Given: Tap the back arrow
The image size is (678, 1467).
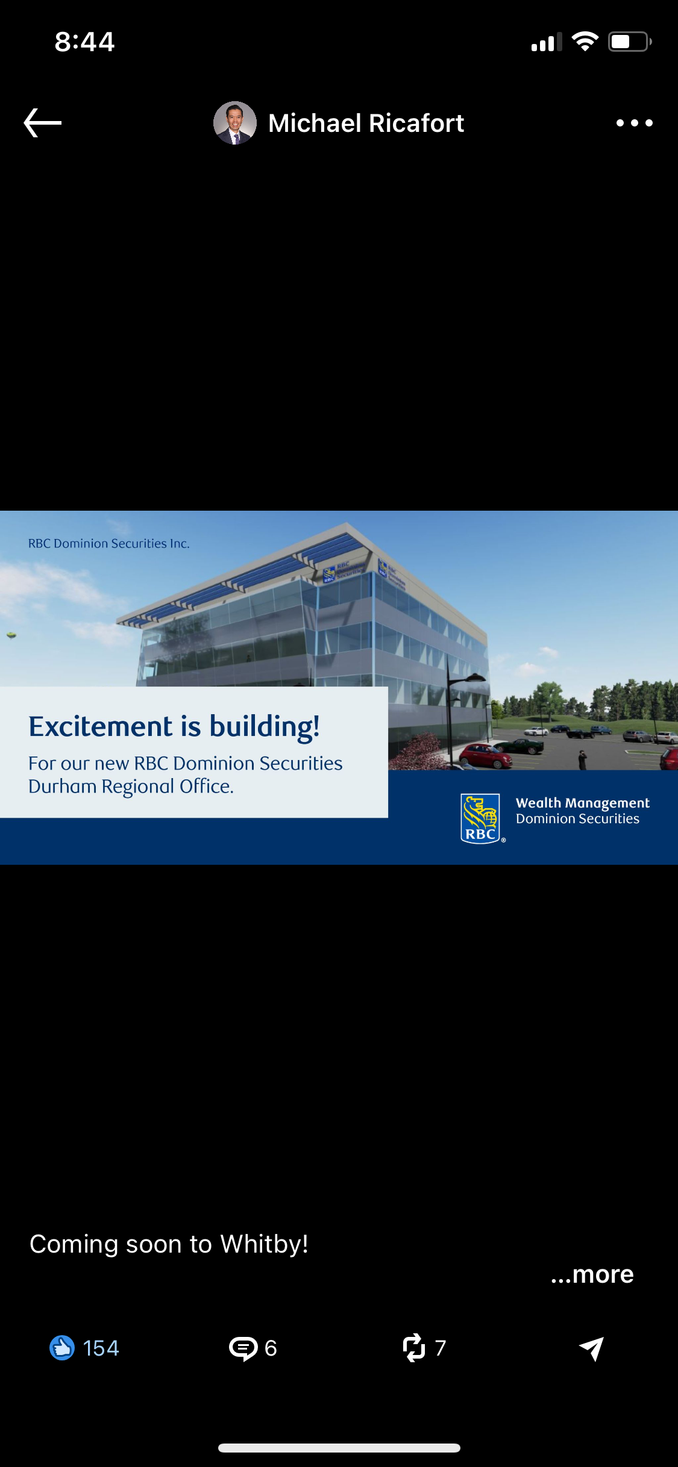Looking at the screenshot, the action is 42,123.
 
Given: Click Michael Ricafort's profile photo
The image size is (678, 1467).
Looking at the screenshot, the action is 235,123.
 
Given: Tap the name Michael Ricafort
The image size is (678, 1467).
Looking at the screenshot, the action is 366,123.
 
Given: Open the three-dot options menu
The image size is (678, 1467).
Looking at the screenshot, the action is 634,123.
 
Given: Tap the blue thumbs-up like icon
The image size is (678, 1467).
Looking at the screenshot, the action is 62,1348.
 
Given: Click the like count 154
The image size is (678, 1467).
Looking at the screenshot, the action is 101,1348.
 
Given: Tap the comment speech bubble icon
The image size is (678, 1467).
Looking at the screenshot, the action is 243,1348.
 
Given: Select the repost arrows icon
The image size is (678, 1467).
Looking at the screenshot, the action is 414,1348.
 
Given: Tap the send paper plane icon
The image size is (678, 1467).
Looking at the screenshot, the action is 592,1348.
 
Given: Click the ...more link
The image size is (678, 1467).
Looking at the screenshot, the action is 592,1274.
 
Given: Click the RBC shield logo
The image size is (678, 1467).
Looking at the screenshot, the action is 481,818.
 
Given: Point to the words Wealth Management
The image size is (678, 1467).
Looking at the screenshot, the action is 583,803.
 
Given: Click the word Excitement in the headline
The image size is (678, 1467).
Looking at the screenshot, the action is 101,726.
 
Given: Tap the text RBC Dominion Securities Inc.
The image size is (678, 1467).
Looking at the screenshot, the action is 109,543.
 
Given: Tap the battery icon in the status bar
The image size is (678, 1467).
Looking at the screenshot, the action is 630,42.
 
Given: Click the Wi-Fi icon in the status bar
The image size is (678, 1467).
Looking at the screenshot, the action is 585,42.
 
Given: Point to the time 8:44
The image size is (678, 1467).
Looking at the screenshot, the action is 84,42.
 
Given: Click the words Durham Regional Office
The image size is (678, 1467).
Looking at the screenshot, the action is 131,786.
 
